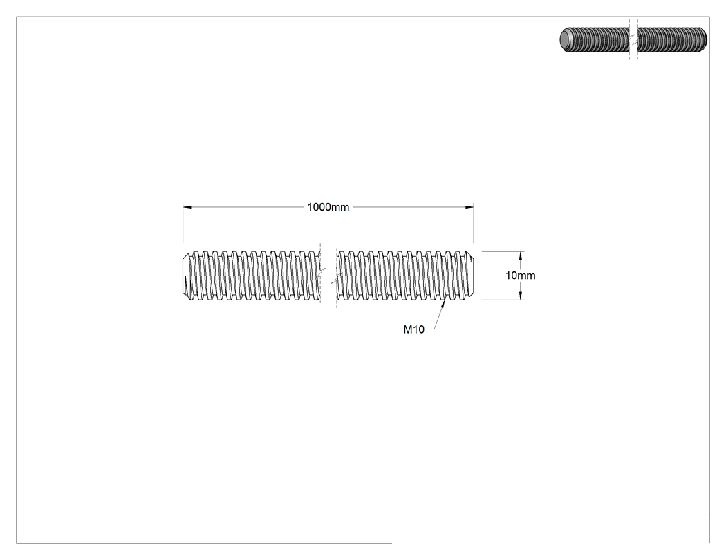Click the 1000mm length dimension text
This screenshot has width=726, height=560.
point(328,207)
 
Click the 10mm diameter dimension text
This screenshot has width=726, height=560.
point(521,276)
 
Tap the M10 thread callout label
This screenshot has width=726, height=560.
point(414,329)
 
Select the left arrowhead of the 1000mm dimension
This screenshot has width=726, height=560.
point(187,207)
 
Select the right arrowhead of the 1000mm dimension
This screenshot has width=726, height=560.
point(469,207)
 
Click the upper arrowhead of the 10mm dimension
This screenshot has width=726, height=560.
point(521,255)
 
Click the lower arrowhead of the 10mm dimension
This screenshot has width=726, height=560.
point(521,296)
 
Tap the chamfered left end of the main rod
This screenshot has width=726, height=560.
point(186,276)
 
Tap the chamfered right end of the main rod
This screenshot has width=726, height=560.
point(470,276)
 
